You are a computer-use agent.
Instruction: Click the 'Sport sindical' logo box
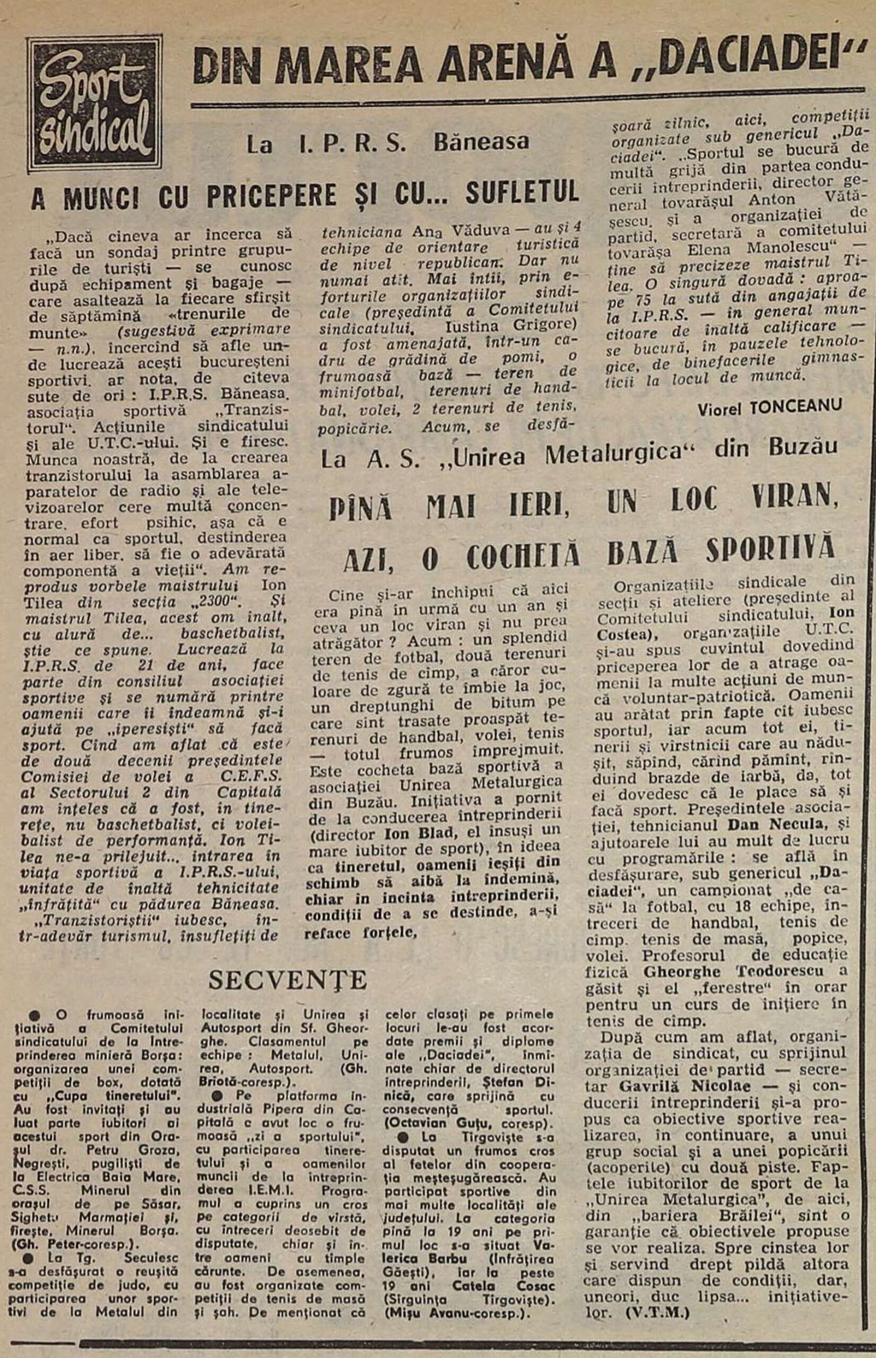[95, 103]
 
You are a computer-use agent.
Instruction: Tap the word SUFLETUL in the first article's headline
[522, 193]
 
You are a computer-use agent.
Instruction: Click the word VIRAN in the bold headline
[795, 500]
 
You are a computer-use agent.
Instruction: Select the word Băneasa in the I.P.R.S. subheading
[481, 142]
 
